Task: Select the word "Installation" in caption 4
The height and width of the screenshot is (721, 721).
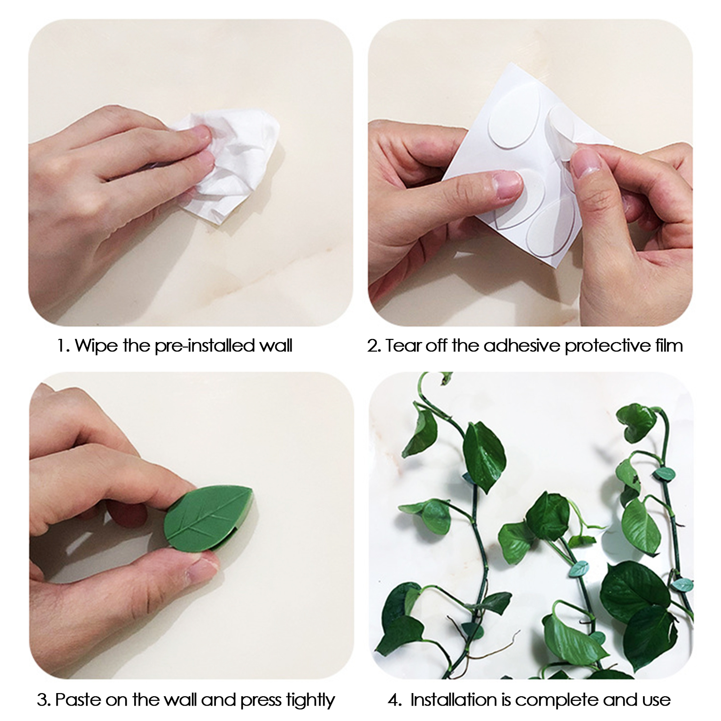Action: coord(460,700)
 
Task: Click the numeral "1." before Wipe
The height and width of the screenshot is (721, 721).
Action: coord(64,346)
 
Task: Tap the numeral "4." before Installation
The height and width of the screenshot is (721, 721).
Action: coord(395,700)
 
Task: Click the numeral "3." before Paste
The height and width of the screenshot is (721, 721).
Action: coord(44,700)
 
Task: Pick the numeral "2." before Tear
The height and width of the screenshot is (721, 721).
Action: coord(374,346)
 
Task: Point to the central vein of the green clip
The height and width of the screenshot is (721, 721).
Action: coord(207,518)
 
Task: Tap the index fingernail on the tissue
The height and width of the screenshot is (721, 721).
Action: coord(201,132)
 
